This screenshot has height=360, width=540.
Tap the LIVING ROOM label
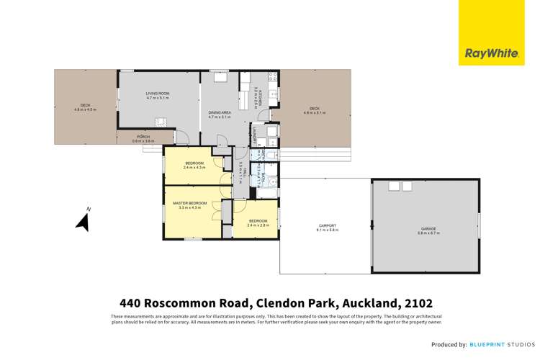[158, 96]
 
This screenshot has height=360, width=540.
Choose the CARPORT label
[328, 228]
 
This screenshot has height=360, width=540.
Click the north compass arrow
[83, 222]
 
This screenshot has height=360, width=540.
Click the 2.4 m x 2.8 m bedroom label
[258, 223]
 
